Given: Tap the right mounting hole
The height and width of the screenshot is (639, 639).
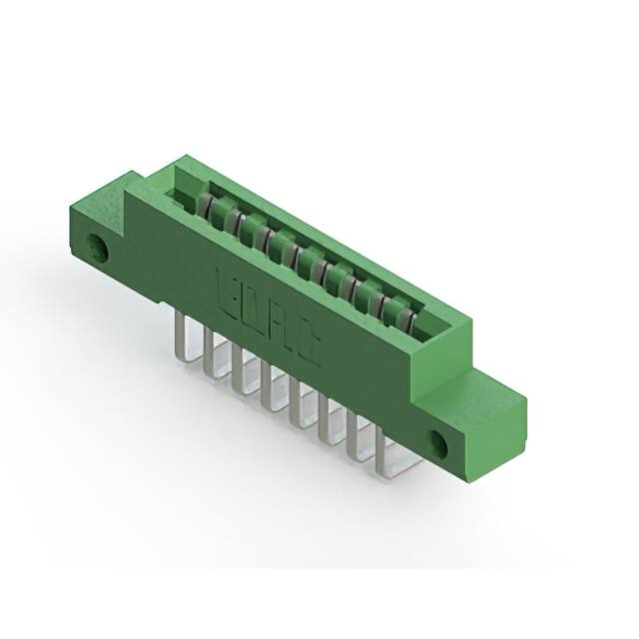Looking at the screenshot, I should click(x=440, y=440).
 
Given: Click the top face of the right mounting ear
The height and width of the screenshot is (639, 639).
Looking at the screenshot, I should click(x=494, y=388).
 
